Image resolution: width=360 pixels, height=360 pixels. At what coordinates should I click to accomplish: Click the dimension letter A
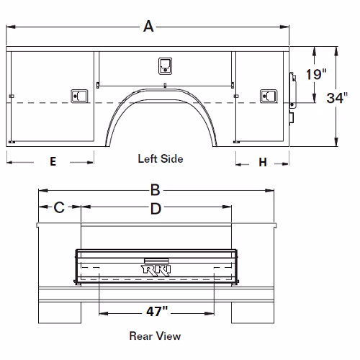click(x=148, y=27)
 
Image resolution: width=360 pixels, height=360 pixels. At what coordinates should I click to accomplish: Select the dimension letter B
click(x=155, y=190)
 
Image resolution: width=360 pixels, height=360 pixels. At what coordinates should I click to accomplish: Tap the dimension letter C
click(x=59, y=207)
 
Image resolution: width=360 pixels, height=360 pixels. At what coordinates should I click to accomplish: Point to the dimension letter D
click(x=156, y=209)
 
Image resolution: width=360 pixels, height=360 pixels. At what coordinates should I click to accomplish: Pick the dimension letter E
click(x=53, y=161)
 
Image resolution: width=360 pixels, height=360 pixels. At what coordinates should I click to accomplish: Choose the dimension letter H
click(x=263, y=162)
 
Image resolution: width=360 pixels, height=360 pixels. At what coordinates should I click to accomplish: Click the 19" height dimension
click(x=316, y=74)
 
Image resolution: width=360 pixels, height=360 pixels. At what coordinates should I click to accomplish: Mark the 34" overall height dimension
click(x=337, y=98)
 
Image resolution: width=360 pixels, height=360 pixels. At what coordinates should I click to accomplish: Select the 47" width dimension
click(x=157, y=311)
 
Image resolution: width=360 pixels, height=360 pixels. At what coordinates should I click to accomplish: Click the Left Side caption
click(x=161, y=158)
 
